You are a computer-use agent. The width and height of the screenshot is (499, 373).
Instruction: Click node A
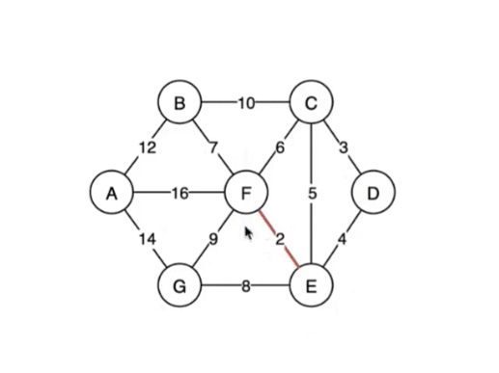pyautogui.click(x=112, y=194)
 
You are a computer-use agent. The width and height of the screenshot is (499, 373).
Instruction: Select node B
pyautogui.click(x=180, y=102)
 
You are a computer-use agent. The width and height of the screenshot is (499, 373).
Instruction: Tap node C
pyautogui.click(x=311, y=102)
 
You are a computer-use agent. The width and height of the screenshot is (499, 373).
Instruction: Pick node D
pyautogui.click(x=374, y=194)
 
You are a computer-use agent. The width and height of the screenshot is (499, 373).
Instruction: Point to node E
pyautogui.click(x=311, y=285)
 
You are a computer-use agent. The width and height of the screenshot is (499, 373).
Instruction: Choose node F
pyautogui.click(x=245, y=194)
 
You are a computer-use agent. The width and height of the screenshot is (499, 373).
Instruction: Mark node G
pyautogui.click(x=180, y=285)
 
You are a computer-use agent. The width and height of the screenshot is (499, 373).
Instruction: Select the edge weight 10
pyautogui.click(x=244, y=102)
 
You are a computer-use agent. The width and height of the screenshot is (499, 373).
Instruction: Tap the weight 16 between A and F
pyautogui.click(x=180, y=194)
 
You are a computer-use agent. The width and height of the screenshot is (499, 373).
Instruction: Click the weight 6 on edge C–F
pyautogui.click(x=281, y=147)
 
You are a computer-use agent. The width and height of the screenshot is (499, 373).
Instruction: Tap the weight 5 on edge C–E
pyautogui.click(x=312, y=194)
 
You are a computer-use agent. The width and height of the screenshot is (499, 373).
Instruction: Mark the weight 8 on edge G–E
pyautogui.click(x=245, y=285)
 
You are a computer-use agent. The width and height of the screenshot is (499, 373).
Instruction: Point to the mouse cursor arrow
pyautogui.click(x=249, y=232)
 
